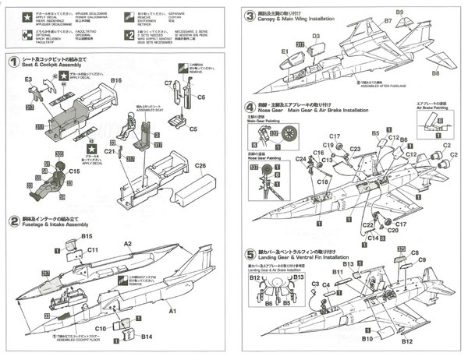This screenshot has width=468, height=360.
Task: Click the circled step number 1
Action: [x=13, y=62]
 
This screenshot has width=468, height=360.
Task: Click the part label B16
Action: [x=116, y=80]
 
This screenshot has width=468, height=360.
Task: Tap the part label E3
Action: [x=28, y=80]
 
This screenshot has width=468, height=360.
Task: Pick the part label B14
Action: [x=146, y=336]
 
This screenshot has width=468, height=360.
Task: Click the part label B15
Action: [x=87, y=236]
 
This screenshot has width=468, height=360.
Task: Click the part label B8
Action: [x=435, y=73]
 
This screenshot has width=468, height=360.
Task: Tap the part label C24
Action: [x=300, y=159]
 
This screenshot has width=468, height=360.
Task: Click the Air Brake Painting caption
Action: [x=432, y=108]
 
